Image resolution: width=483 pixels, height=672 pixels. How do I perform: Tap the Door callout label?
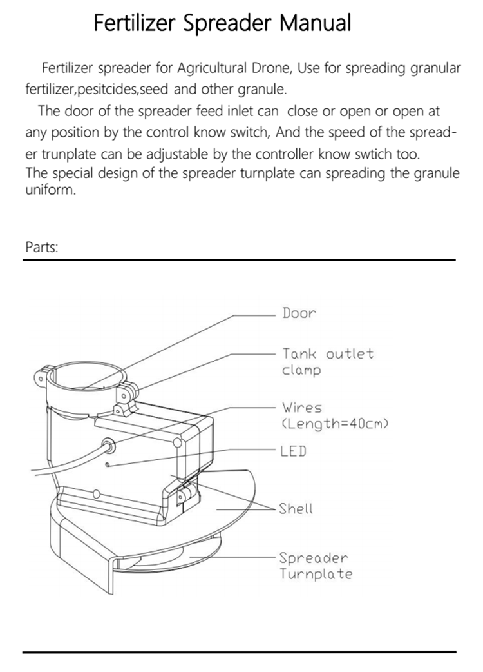pos(299,313)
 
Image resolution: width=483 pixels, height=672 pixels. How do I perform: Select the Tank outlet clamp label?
pos(327,362)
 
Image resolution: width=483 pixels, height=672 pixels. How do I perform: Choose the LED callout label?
pos(293,451)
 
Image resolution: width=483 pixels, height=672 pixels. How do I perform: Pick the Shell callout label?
pos(296,508)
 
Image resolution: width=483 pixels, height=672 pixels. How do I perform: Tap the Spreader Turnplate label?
pos(316,566)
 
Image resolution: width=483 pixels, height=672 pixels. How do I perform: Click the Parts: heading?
pos(42,247)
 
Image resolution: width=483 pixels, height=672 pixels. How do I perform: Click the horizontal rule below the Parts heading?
pos(239,260)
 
